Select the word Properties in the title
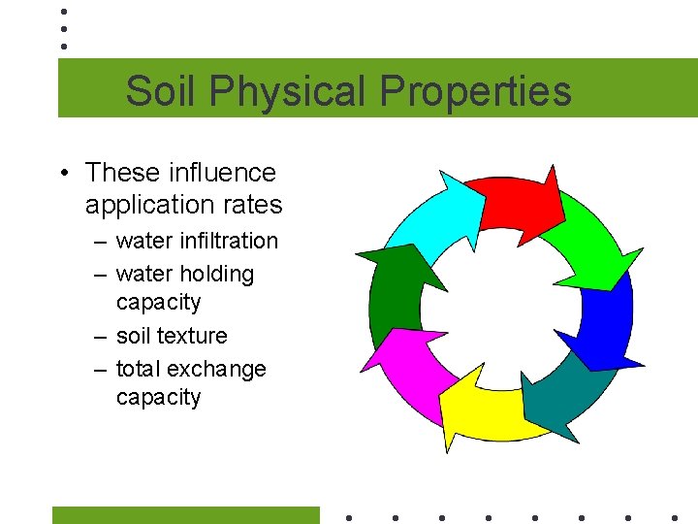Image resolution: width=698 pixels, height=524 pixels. click(x=475, y=91)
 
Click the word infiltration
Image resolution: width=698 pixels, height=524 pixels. click(x=229, y=241)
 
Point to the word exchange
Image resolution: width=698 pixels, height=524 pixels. click(x=216, y=369)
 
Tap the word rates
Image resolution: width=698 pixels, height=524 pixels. click(x=250, y=205)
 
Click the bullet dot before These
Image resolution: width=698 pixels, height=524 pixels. click(x=62, y=174)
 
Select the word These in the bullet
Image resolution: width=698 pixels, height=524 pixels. click(x=122, y=173)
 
